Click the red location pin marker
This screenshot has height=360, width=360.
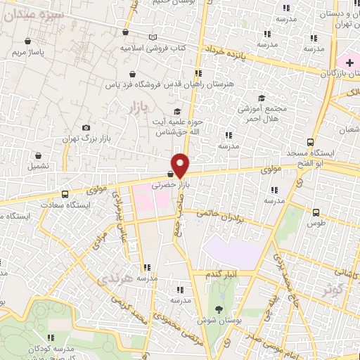pyautogui.click(x=181, y=165)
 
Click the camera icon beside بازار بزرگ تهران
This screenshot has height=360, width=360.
pyautogui.click(x=86, y=128)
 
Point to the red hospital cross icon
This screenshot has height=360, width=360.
pyautogui.click(x=349, y=63)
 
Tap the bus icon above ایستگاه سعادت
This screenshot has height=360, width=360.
pyautogui.click(x=65, y=194)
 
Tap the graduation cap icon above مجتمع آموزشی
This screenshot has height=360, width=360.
pyautogui.click(x=262, y=98)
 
